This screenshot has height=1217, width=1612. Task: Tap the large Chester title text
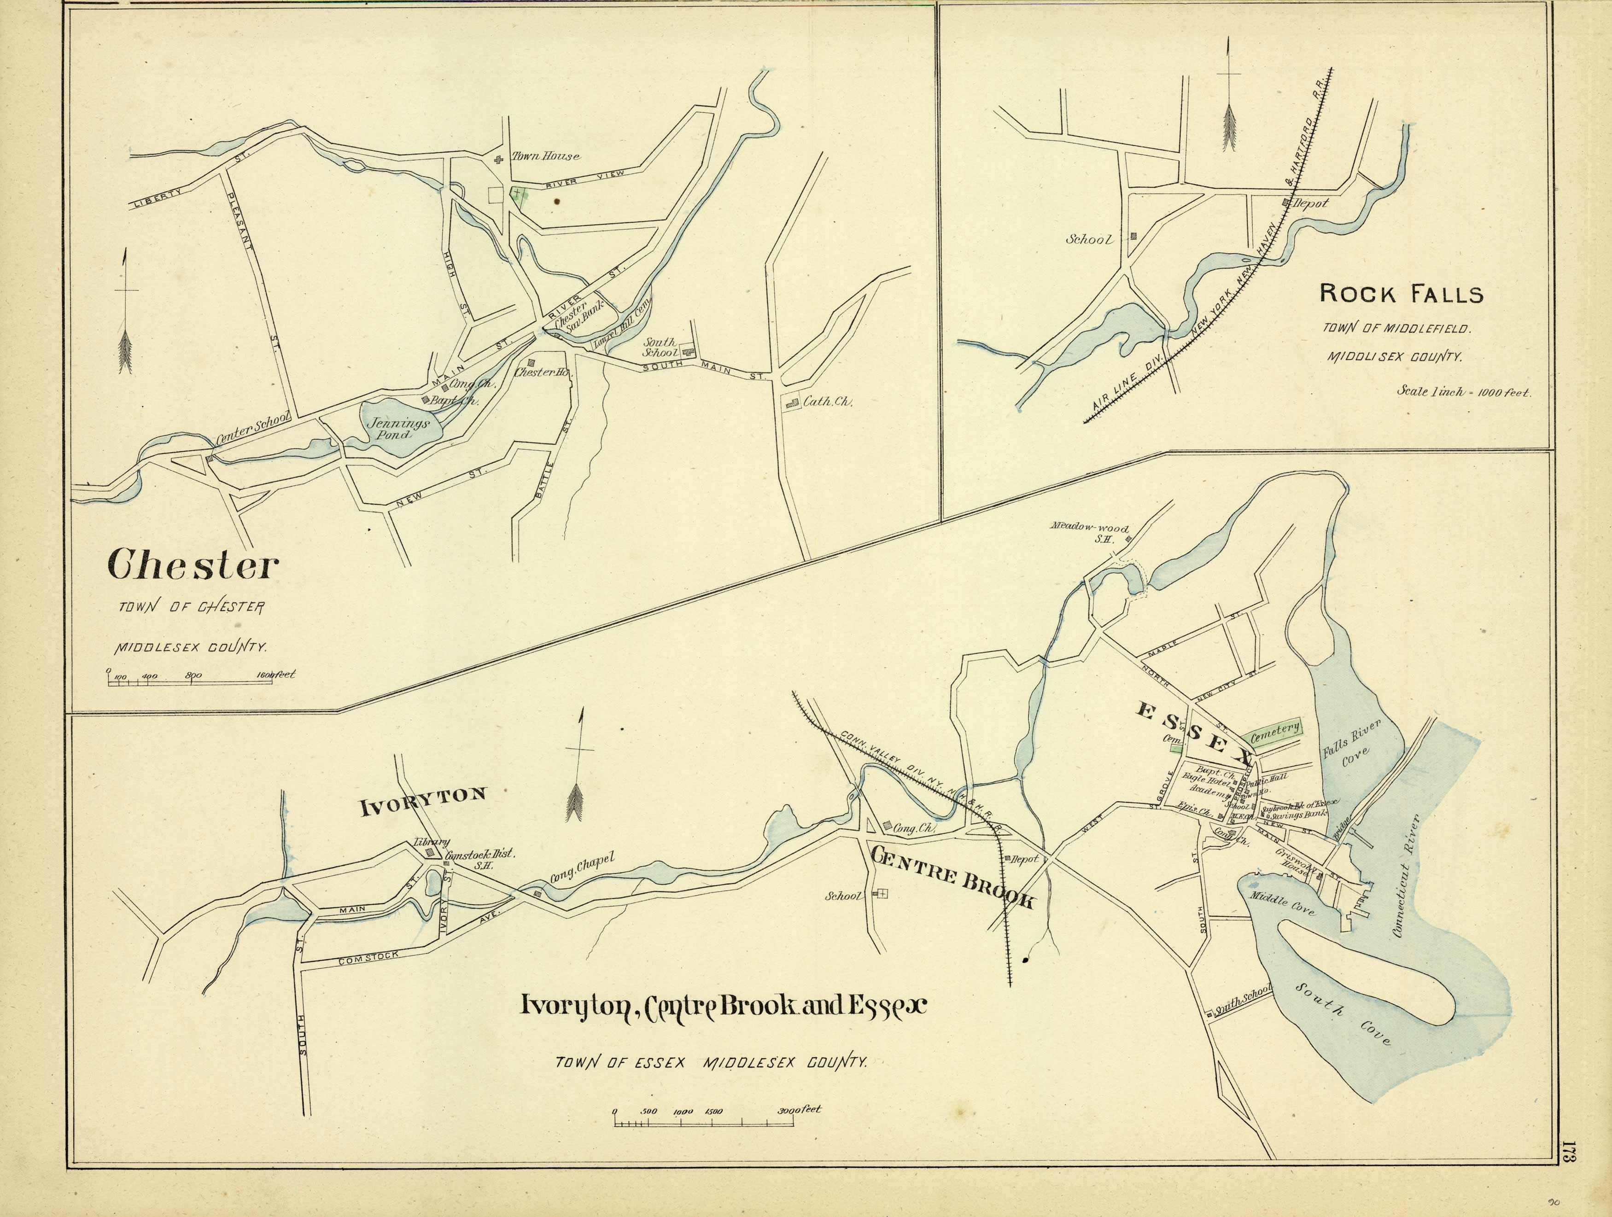click(193, 565)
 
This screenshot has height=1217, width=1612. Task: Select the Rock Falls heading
click(1401, 294)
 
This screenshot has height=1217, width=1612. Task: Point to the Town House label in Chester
click(546, 156)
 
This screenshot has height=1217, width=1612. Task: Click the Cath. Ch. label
click(827, 402)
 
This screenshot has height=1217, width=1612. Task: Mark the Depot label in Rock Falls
click(1309, 204)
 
